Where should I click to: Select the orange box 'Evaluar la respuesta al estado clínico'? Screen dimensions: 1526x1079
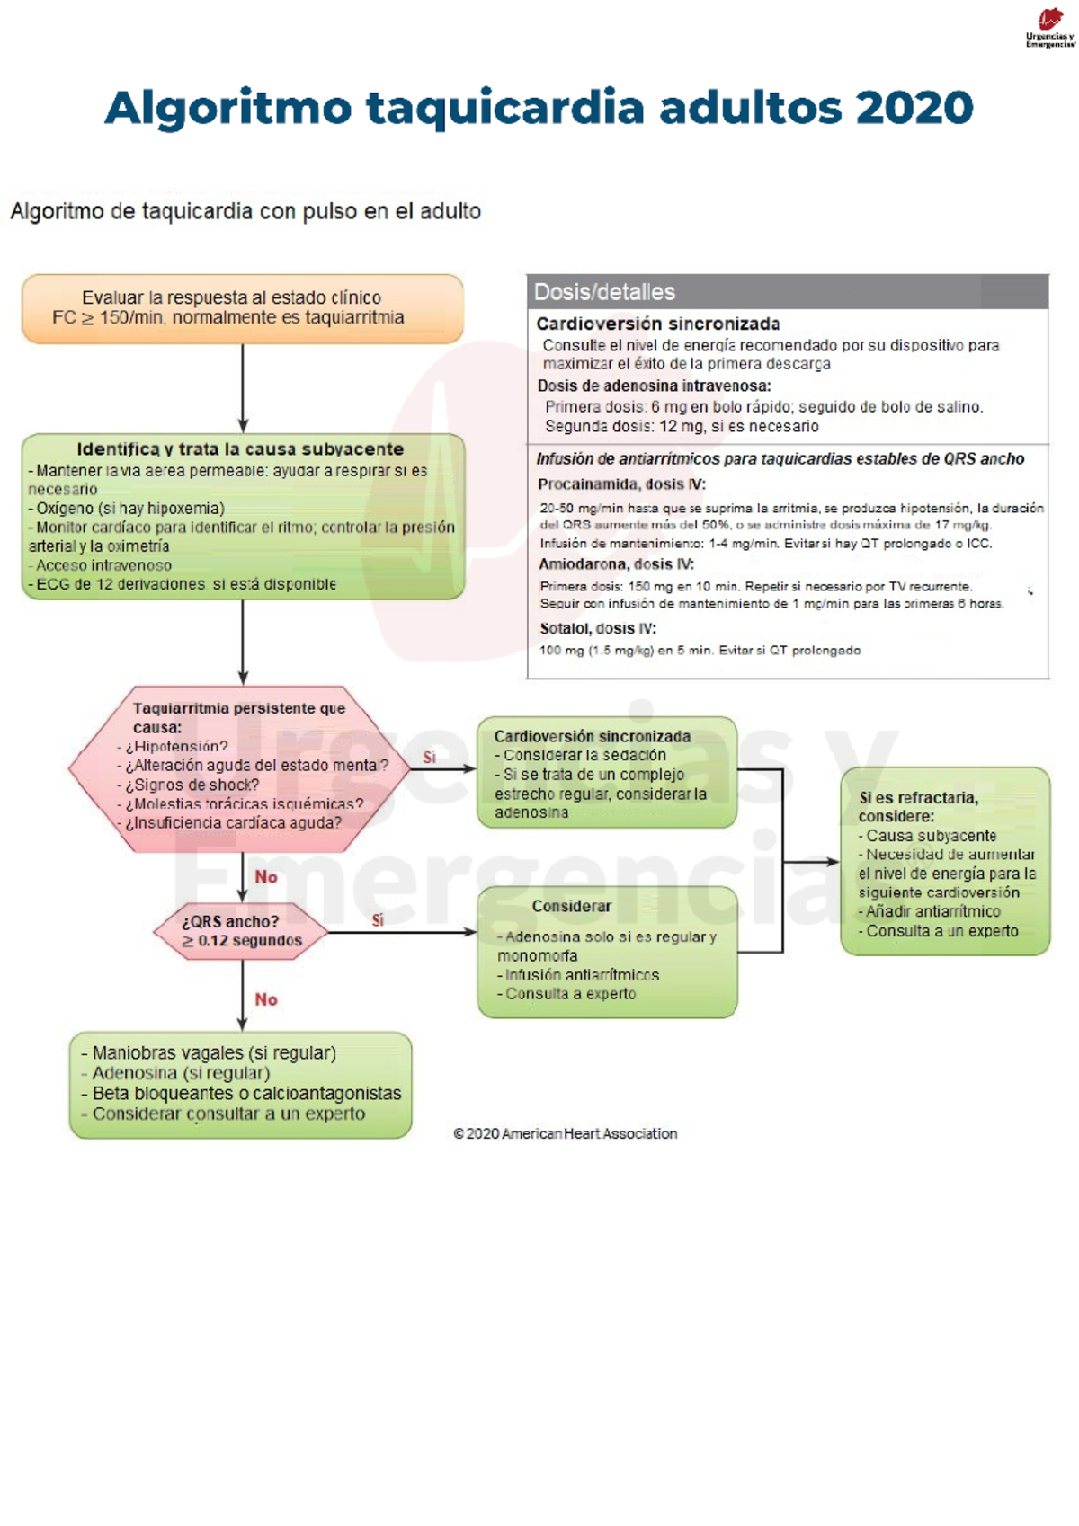[242, 308]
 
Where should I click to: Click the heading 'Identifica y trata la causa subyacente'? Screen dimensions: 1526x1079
[240, 449]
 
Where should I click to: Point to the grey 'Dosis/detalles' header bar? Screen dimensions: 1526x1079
[787, 292]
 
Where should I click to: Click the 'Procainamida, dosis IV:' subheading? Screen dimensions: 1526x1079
[621, 484]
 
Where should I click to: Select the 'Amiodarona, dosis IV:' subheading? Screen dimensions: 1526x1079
[616, 564]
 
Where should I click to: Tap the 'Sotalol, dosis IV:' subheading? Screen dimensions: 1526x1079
[598, 629]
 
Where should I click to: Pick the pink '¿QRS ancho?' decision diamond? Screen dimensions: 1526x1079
[241, 931]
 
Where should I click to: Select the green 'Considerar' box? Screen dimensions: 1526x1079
[607, 952]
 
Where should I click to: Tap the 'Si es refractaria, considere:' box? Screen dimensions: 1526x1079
[945, 862]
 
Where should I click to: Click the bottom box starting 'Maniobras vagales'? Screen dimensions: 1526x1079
[240, 1084]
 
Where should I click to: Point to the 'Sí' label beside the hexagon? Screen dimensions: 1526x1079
[430, 758]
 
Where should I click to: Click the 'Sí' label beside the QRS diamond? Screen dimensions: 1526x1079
[378, 920]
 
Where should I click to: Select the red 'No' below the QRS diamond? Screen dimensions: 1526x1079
[266, 999]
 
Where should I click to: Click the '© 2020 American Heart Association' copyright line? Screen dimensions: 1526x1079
[566, 1134]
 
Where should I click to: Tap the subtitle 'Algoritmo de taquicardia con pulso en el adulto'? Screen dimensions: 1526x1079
[245, 212]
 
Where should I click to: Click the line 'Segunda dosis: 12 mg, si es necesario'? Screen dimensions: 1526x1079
[682, 427]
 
